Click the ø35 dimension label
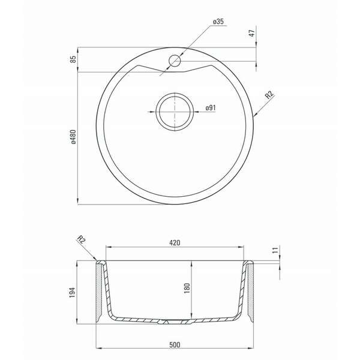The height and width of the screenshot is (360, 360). click(218, 22)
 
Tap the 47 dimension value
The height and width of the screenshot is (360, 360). click(252, 33)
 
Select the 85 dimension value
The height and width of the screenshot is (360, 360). click(73, 59)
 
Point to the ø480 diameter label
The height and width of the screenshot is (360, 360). click(73, 137)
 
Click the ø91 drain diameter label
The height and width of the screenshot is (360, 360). click(211, 107)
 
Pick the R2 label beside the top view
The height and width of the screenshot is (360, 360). click(269, 95)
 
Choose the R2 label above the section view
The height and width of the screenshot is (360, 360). click(81, 239)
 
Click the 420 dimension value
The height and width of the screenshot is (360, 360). click(175, 242)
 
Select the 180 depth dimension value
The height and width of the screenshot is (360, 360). click(187, 288)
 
